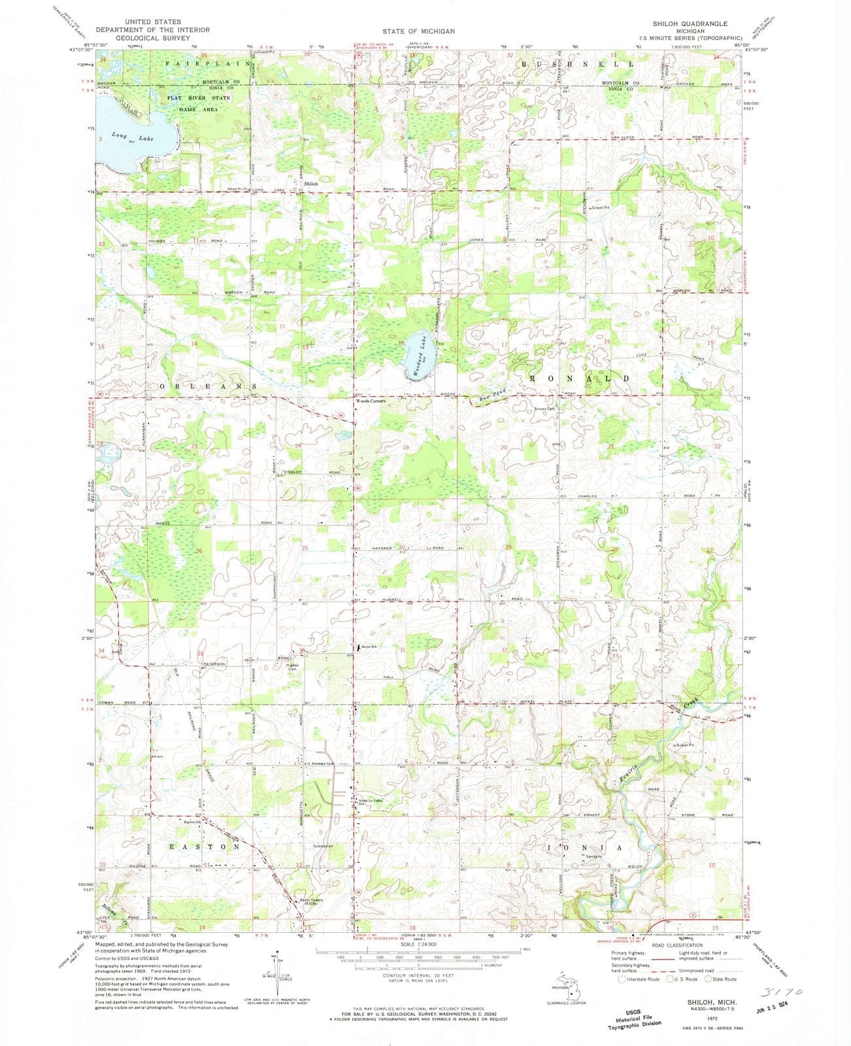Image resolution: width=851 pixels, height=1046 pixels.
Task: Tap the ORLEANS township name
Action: tap(205, 386)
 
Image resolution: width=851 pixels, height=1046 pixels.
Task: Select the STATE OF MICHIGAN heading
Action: tap(419, 31)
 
